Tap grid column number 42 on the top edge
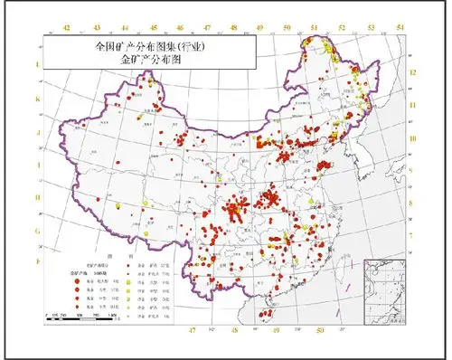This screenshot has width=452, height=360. (x=68, y=28)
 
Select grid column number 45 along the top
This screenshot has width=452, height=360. (x=153, y=28)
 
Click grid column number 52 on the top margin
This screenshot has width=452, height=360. (x=343, y=28)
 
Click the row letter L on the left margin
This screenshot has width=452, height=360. (x=38, y=65)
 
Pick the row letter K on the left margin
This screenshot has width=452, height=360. (x=38, y=99)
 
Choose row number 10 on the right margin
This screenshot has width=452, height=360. (x=412, y=138)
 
